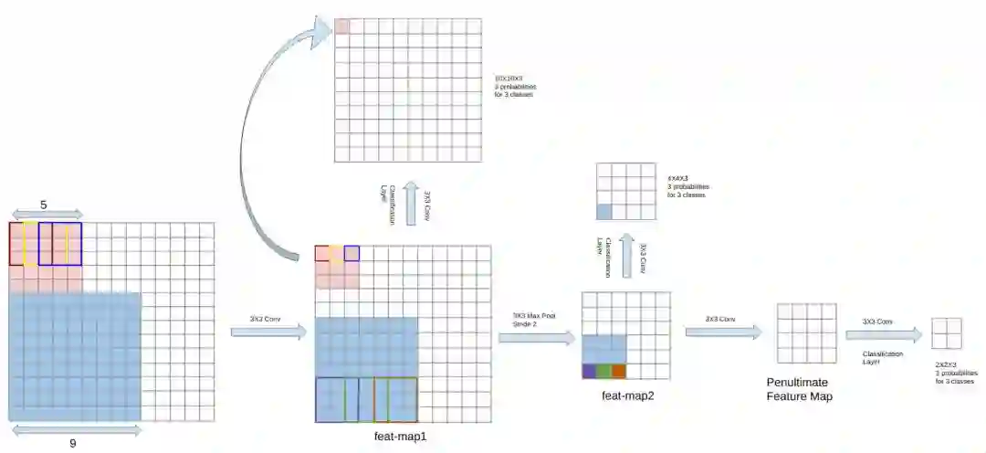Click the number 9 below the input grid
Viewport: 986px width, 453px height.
pyautogui.click(x=72, y=443)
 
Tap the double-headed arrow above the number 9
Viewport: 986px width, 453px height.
pyautogui.click(x=76, y=429)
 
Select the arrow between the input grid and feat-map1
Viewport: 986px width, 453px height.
pyautogui.click(x=268, y=331)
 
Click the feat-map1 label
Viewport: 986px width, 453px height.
pyautogui.click(x=400, y=437)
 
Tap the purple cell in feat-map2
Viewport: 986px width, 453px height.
pyautogui.click(x=589, y=371)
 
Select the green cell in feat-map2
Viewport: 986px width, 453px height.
pyautogui.click(x=603, y=371)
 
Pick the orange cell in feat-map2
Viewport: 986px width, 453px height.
pyautogui.click(x=618, y=371)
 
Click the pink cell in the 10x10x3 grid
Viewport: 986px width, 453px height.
pyautogui.click(x=341, y=26)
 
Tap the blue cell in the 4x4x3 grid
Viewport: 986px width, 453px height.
pyautogui.click(x=603, y=212)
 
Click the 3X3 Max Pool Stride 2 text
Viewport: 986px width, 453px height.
pyautogui.click(x=536, y=319)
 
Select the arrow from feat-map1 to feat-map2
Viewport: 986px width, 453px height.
pyautogui.click(x=536, y=338)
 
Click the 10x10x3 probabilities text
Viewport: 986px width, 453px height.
pyautogui.click(x=513, y=87)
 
